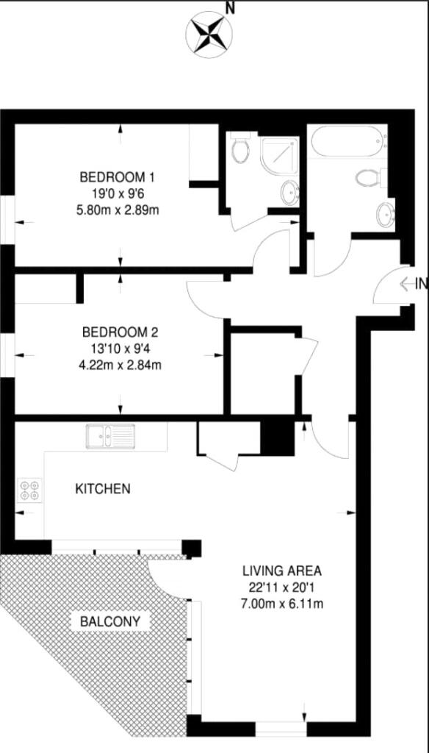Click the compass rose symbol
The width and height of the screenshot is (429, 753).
click(x=209, y=34)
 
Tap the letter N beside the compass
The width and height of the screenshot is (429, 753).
click(x=231, y=8)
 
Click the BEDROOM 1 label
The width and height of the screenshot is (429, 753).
click(x=118, y=177)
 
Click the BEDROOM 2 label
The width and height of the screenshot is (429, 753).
click(x=120, y=332)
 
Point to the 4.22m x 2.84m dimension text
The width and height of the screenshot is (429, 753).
click(x=120, y=365)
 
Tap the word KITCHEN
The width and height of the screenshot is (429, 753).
click(x=103, y=489)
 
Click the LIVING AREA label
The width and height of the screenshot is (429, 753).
click(x=282, y=571)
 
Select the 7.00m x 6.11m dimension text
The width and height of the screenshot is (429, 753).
click(x=282, y=603)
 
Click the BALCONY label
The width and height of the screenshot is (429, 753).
click(x=110, y=621)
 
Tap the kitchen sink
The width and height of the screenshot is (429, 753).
click(x=110, y=437)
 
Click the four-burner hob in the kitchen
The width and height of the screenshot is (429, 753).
click(x=30, y=490)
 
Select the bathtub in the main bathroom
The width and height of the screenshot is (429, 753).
click(x=348, y=141)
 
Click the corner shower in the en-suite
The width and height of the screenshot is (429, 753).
click(x=280, y=154)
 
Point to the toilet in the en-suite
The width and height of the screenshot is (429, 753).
click(x=239, y=148)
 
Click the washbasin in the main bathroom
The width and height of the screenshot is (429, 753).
click(x=385, y=215)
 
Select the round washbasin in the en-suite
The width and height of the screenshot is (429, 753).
click(x=290, y=193)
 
